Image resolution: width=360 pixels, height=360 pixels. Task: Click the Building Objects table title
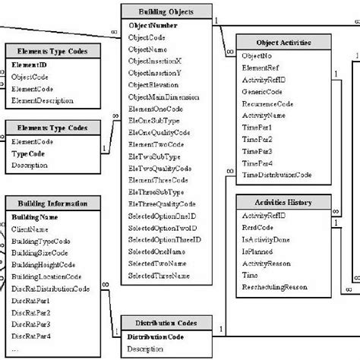click(166, 12)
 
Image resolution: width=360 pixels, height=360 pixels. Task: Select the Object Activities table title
click(283, 44)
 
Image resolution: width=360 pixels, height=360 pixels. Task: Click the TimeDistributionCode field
click(276, 175)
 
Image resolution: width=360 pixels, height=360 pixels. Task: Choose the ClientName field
click(31, 229)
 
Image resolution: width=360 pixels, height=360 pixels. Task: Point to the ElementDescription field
click(43, 101)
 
